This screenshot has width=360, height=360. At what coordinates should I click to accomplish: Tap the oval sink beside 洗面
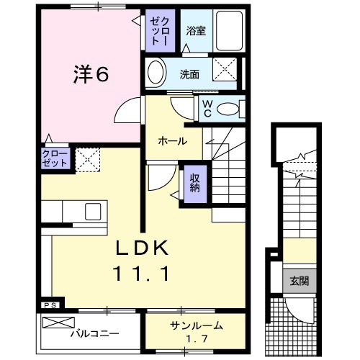[156, 73]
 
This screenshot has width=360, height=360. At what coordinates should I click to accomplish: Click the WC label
[206, 108]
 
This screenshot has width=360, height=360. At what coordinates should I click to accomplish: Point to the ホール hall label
[172, 141]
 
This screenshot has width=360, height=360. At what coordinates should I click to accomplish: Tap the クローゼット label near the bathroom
[158, 31]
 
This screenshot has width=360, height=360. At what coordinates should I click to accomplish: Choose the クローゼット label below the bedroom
[55, 158]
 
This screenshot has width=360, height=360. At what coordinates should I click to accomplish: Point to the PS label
[48, 305]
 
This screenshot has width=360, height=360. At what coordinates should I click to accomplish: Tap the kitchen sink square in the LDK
[94, 212]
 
